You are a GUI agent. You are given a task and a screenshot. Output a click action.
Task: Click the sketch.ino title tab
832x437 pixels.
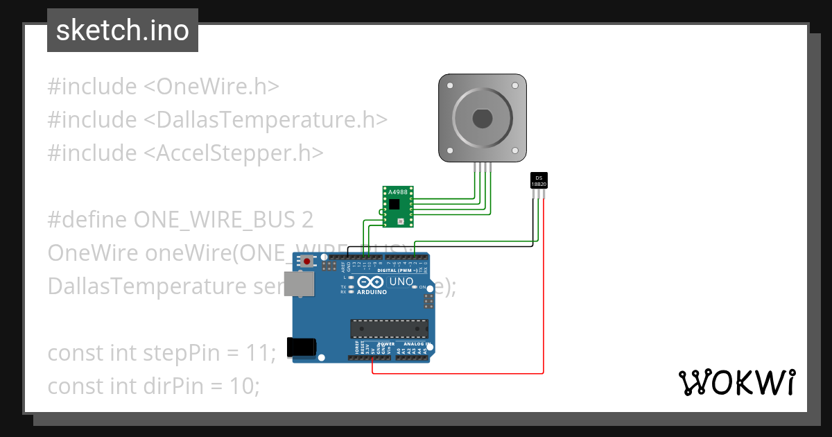[122, 31]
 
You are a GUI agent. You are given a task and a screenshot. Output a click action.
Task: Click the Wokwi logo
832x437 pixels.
[736, 382]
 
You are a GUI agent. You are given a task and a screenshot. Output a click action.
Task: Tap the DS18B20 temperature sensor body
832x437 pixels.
[539, 180]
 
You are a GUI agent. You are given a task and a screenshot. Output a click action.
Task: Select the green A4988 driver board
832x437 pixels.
[398, 206]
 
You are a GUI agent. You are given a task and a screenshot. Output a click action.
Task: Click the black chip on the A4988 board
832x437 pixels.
[394, 204]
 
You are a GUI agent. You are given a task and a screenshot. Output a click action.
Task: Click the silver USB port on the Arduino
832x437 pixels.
[300, 284]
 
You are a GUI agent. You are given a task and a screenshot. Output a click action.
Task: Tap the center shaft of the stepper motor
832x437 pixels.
[483, 119]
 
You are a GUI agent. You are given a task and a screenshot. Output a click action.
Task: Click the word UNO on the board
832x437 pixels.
[401, 282]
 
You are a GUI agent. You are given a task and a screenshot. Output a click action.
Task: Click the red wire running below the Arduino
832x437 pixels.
[458, 374]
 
